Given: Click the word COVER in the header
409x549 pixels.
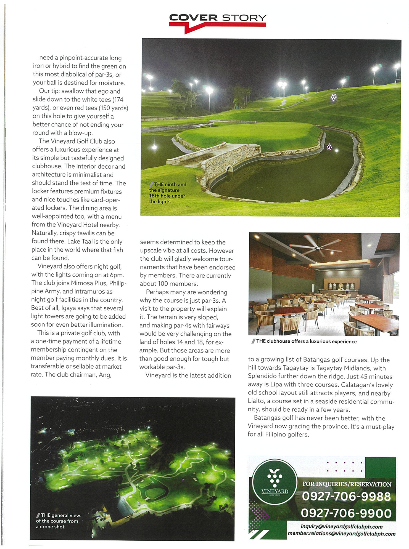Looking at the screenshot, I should click(193, 18).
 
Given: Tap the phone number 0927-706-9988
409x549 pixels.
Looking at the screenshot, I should click(346, 496).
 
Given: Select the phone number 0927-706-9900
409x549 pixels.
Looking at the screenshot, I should click(346, 513).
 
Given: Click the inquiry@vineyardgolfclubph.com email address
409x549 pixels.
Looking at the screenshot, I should click(341, 526).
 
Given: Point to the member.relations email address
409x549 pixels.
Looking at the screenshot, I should click(341, 534).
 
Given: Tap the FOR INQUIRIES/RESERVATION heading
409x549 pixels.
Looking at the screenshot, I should click(347, 484).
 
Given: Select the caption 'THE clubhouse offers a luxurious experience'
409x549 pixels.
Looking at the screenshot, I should click(306, 342).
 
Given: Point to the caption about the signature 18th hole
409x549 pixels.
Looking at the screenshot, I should click(167, 193).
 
